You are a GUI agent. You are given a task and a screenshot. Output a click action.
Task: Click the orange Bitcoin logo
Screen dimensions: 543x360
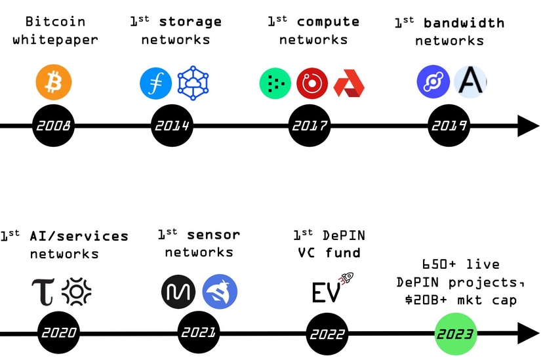click(54, 82)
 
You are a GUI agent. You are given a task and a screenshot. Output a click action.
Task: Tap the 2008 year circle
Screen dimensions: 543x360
click(53, 125)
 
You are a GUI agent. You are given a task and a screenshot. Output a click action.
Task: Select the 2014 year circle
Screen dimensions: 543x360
click(172, 125)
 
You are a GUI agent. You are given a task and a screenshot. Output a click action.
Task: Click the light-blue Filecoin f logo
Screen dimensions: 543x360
click(156, 83)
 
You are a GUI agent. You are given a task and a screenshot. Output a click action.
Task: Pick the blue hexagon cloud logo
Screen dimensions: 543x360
click(193, 83)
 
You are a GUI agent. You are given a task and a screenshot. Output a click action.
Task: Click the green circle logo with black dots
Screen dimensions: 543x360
click(275, 83)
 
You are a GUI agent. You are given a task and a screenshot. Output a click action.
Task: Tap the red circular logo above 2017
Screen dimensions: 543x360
click(312, 83)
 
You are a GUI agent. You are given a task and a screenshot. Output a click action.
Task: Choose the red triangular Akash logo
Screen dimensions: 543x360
click(349, 83)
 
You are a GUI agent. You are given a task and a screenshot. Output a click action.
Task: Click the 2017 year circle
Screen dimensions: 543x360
click(310, 125)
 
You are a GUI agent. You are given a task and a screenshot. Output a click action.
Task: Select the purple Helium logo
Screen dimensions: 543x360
click(433, 82)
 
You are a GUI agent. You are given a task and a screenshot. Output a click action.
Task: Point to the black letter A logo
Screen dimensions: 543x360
click(470, 82)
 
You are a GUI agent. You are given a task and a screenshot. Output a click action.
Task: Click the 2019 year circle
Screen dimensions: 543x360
click(449, 125)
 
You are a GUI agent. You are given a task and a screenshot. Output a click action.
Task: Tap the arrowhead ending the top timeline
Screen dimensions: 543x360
click(529, 126)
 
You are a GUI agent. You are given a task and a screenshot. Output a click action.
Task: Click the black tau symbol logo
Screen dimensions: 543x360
click(43, 292)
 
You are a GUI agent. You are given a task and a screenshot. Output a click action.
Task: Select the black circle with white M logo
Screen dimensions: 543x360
click(178, 292)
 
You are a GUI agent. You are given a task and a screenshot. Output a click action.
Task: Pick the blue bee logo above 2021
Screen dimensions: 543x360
click(220, 291)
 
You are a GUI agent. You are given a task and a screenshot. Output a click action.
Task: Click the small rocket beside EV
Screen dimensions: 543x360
click(346, 278)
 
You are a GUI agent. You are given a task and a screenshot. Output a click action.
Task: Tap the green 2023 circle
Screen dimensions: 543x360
click(456, 334)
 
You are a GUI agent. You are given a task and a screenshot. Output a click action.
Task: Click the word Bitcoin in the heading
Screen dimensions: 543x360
click(55, 22)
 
